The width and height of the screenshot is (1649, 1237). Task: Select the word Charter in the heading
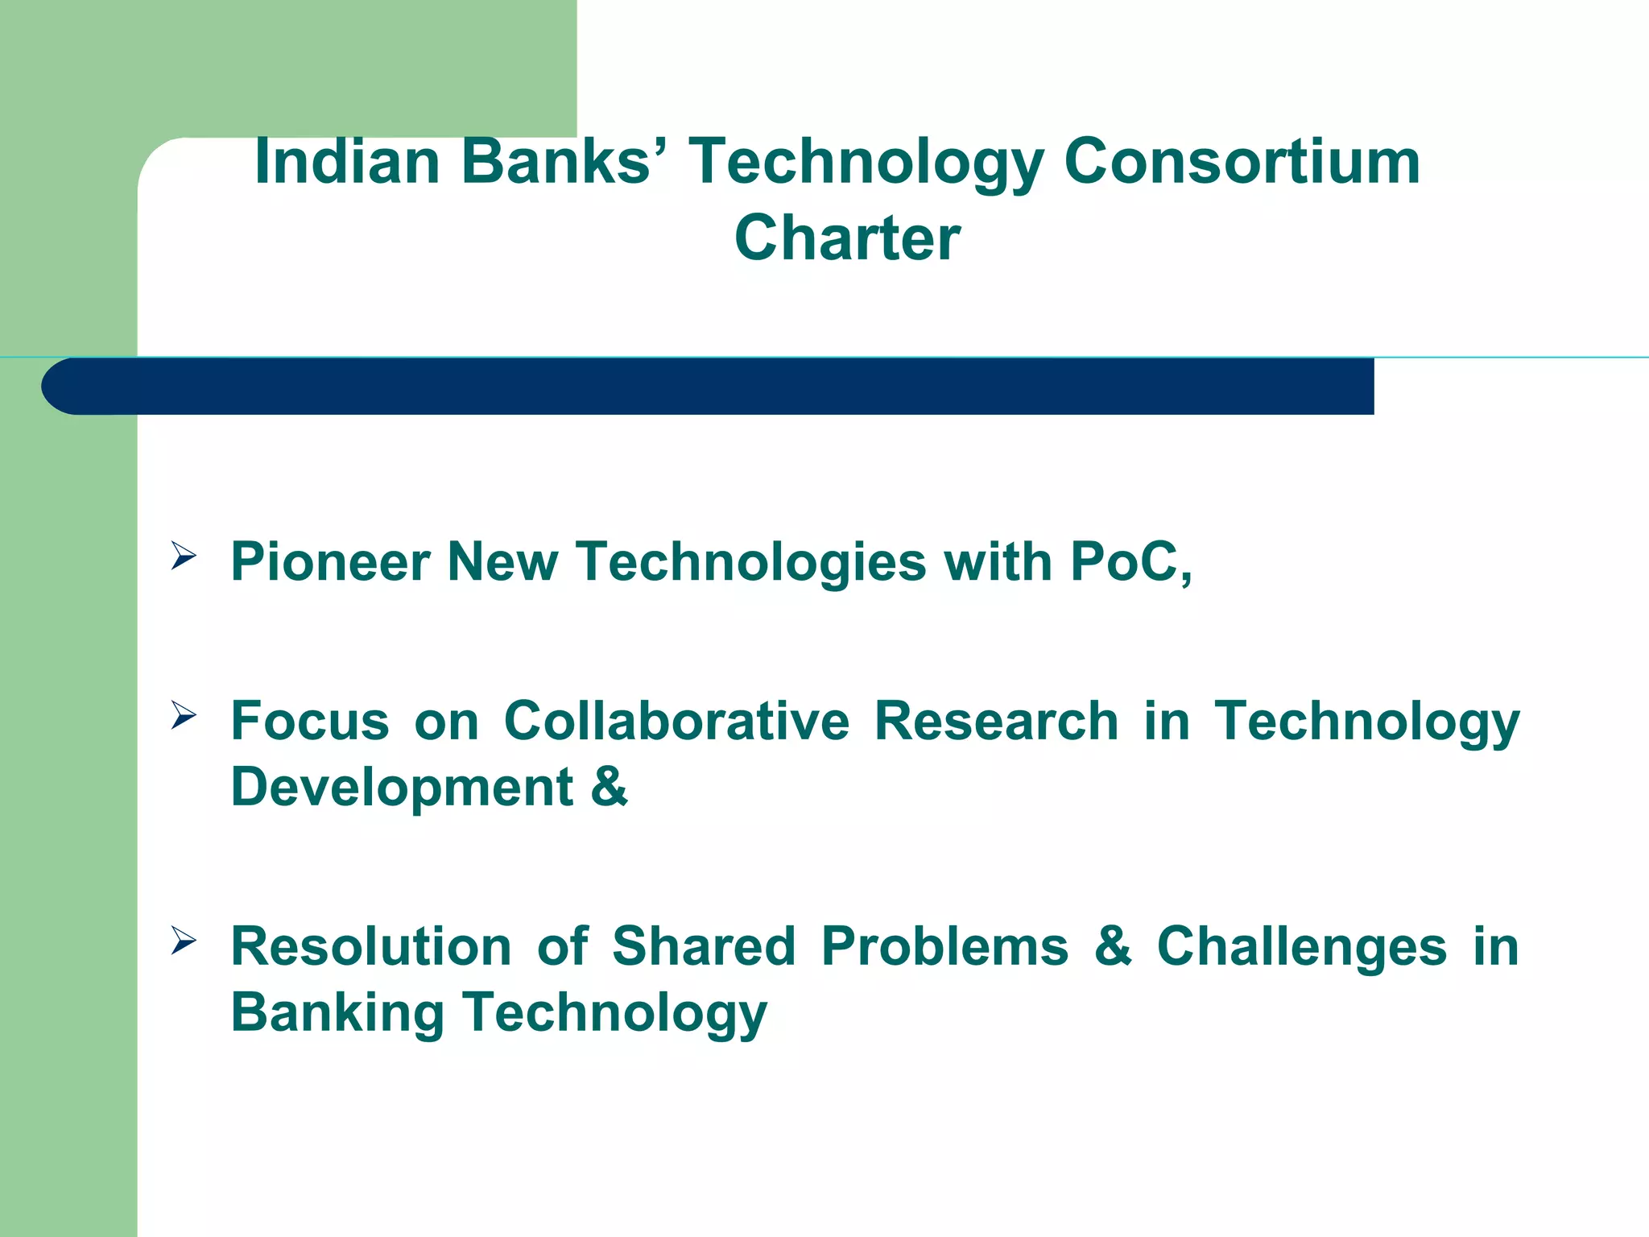pos(847,238)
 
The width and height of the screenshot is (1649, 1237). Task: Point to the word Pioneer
pos(330,561)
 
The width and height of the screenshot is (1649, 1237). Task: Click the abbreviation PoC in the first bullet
pos(1124,561)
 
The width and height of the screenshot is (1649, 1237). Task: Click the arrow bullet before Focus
pos(183,715)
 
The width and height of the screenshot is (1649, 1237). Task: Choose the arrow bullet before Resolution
pos(183,941)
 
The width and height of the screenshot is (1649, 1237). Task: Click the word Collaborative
pos(676,720)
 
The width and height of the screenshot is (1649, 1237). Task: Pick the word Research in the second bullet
pos(996,720)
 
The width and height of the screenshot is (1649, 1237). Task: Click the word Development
pos(402,787)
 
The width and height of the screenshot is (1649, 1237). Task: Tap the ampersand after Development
pos(609,787)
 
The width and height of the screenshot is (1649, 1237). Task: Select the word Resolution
pos(371,946)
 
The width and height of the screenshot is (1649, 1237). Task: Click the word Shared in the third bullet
pos(704,946)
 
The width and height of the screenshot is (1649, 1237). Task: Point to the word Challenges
pos(1302,946)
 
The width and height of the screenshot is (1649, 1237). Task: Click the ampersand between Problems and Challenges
pos(1113,946)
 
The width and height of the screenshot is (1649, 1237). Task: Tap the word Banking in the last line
pos(337,1012)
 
